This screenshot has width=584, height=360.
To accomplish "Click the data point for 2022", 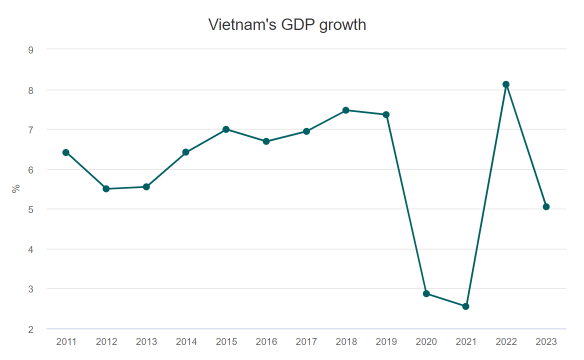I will pos(506,84).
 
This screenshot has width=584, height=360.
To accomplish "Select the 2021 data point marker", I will pos(466,306).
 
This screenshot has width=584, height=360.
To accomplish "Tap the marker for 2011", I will pos(66,152).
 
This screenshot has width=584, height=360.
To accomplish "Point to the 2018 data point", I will pos(346,110).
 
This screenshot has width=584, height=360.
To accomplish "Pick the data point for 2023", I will pos(546,207).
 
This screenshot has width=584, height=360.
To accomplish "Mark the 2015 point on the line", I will pos(226,129).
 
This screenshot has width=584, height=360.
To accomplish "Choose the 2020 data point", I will pos(426,293).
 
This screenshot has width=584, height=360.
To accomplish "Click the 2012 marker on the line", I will pos(106,189).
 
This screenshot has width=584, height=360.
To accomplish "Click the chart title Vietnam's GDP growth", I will pos(287,24).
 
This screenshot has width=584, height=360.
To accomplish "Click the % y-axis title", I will pos(16,188).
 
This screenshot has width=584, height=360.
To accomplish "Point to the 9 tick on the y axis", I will pos(31,49).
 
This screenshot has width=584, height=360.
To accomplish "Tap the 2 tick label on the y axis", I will pos(31,329).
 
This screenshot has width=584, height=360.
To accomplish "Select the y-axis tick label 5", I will pos(31,209).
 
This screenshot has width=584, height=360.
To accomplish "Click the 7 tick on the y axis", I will pos(31,130).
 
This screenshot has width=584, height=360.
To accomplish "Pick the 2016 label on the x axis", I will pos(266,342).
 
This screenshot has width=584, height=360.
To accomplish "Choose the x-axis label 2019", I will pos(386,342).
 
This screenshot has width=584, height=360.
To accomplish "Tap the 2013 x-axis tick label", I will pos(146,342).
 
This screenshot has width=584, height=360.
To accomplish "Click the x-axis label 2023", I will pos(546,342).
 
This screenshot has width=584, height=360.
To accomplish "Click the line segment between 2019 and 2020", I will pos(406,204).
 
